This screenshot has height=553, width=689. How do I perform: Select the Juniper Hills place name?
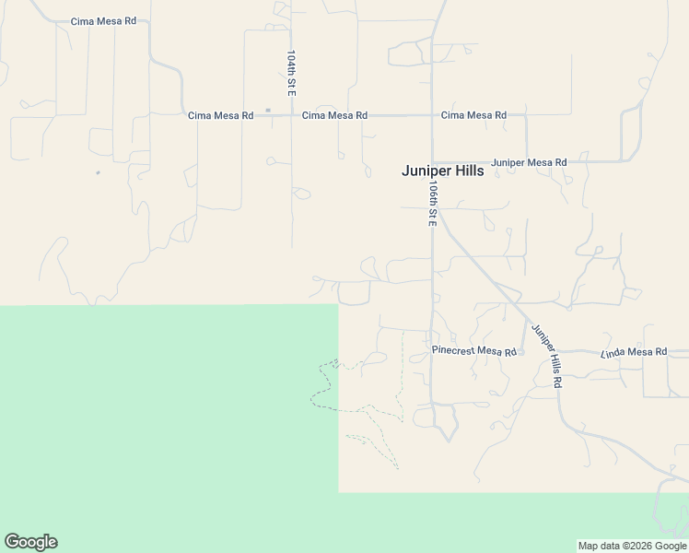tap(442, 171)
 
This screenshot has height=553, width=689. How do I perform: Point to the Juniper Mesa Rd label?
tap(529, 162)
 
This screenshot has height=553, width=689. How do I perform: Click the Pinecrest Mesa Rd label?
tap(473, 351)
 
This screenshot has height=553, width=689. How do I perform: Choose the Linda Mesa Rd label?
tap(633, 352)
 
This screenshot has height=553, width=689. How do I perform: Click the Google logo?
tap(30, 542)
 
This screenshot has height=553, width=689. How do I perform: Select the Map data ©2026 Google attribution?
tap(633, 546)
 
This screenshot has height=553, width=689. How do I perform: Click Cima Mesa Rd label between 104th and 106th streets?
tap(335, 115)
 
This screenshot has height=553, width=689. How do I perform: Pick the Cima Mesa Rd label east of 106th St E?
tap(473, 115)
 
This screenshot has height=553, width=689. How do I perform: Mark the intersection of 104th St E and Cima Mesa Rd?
tap(291, 115)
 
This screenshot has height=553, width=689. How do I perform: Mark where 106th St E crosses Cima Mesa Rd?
tap(431, 115)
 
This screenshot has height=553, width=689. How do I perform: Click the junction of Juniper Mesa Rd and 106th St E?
tap(431, 162)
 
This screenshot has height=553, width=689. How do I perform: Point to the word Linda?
tap(614, 352)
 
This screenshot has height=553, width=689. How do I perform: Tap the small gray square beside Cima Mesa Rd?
tap(268, 111)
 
